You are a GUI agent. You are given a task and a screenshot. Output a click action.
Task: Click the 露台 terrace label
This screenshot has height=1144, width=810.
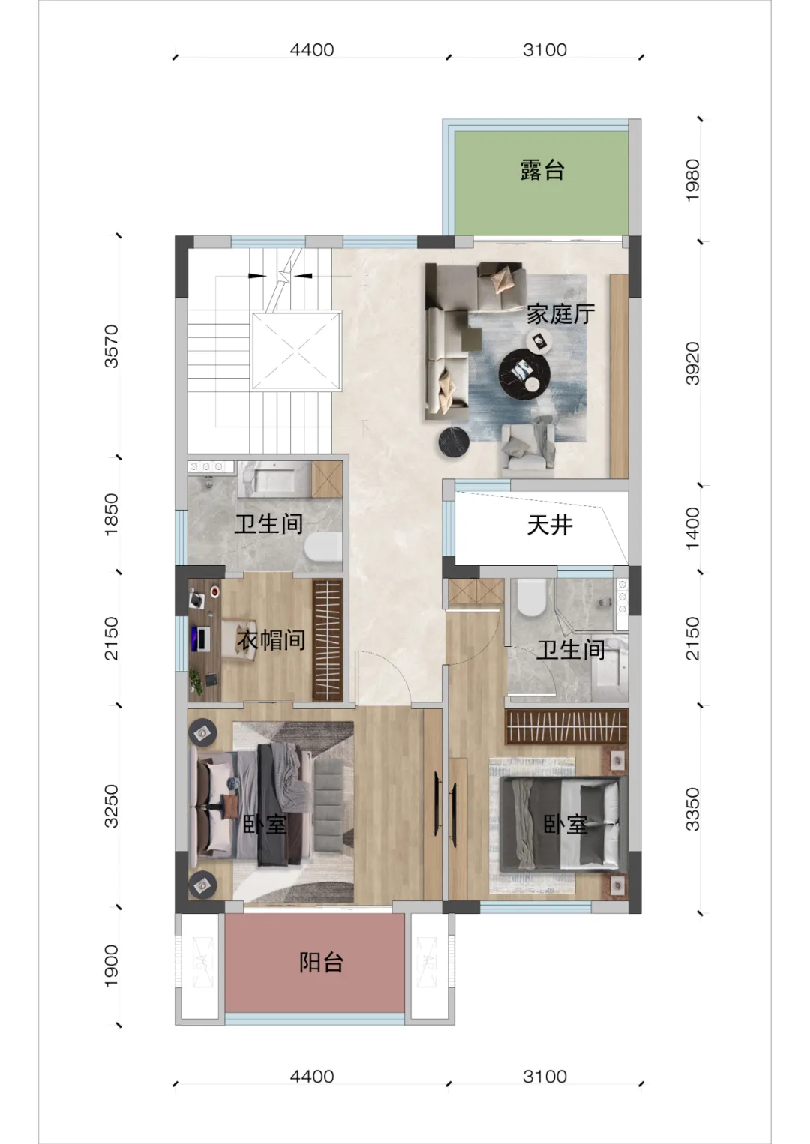point(541,170)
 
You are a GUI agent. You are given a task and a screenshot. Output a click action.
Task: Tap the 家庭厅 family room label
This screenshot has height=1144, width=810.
point(560,313)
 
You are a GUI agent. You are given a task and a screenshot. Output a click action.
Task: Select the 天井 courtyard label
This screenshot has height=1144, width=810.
point(549,525)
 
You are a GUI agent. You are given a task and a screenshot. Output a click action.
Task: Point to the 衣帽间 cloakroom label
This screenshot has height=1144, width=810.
point(271,639)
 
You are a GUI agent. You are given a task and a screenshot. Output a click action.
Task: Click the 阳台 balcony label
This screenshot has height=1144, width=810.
point(322,962)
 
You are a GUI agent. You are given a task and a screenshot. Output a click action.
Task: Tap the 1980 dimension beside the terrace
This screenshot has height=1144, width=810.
point(692,180)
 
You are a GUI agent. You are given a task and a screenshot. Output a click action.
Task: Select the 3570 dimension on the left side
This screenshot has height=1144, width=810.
point(111,346)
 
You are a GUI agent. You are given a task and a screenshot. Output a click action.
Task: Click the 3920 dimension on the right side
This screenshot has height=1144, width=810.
point(692,363)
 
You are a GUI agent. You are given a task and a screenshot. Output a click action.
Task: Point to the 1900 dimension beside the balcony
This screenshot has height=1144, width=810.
point(111,966)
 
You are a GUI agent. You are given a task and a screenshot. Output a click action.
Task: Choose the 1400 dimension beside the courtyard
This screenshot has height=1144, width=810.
point(692,529)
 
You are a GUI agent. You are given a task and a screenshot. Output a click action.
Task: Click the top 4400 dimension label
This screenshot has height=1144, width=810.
point(312,50)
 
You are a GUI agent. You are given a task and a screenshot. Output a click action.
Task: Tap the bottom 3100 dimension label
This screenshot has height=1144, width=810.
point(544,1076)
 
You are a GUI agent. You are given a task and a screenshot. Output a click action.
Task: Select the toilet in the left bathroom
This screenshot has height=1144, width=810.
point(323,547)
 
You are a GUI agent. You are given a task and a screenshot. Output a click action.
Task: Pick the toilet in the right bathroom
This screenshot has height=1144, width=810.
point(532,597)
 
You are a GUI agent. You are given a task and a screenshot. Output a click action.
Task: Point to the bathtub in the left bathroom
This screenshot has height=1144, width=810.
point(274,479)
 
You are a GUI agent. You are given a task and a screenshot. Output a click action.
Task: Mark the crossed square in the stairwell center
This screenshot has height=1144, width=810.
point(296,352)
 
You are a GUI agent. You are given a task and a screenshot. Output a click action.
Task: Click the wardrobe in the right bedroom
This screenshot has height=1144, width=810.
point(565,726)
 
